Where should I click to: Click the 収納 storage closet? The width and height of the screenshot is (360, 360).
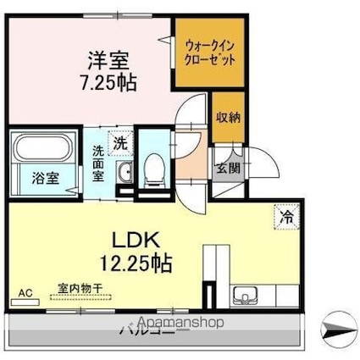tap(227, 119)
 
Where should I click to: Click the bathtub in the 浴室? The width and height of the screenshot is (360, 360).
tap(44, 152)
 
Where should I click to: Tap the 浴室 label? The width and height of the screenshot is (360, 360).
tap(45, 178)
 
